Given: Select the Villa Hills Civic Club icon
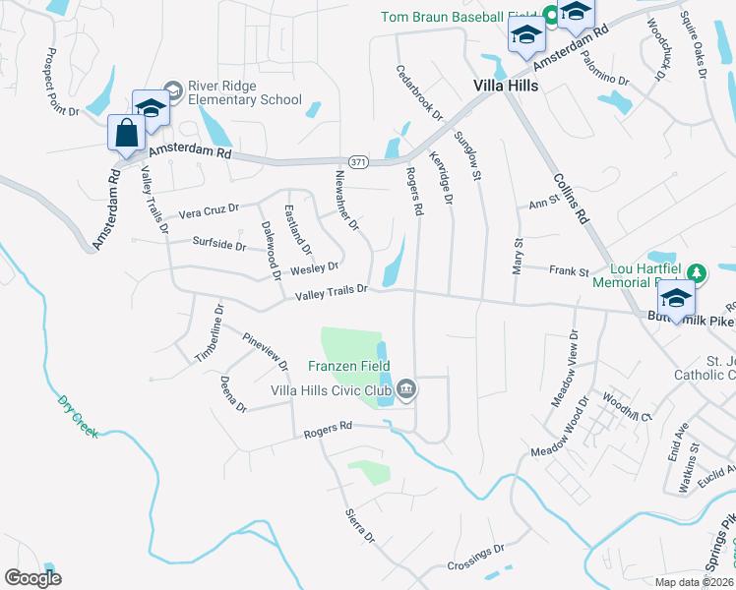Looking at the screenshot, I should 406,391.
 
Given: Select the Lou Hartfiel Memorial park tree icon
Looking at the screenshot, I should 697,271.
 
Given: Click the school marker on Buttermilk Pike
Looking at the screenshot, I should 676,298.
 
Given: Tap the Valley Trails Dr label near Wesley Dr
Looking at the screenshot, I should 332,290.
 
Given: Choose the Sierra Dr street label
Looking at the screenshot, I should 360,526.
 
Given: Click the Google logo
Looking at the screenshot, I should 33,578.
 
